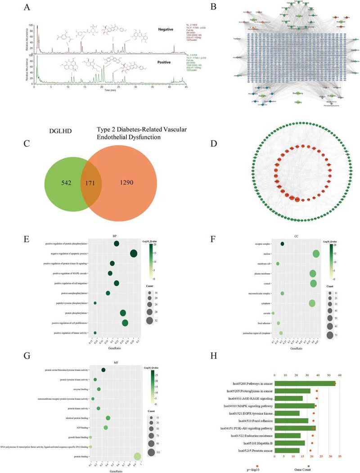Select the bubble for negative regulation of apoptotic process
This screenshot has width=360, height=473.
(134, 254)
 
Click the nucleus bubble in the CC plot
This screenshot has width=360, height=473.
(316, 254)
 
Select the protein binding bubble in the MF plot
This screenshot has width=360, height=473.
(137, 457)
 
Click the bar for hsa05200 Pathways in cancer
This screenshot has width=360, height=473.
(304, 383)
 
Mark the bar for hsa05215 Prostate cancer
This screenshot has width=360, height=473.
(287, 450)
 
